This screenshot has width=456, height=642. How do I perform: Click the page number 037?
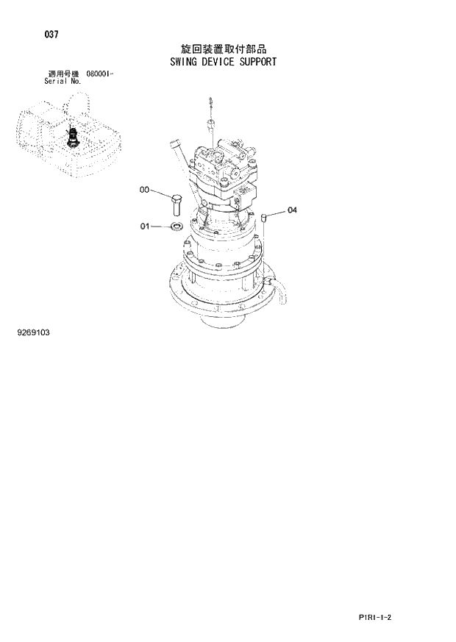[x=51, y=35]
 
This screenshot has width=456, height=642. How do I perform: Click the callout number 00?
[x=144, y=190]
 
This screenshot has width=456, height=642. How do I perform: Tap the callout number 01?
[x=145, y=227]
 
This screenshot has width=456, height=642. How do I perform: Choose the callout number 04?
[x=292, y=210]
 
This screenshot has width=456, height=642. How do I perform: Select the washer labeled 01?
[x=177, y=227]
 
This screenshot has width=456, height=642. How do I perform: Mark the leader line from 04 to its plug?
[x=277, y=213]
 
